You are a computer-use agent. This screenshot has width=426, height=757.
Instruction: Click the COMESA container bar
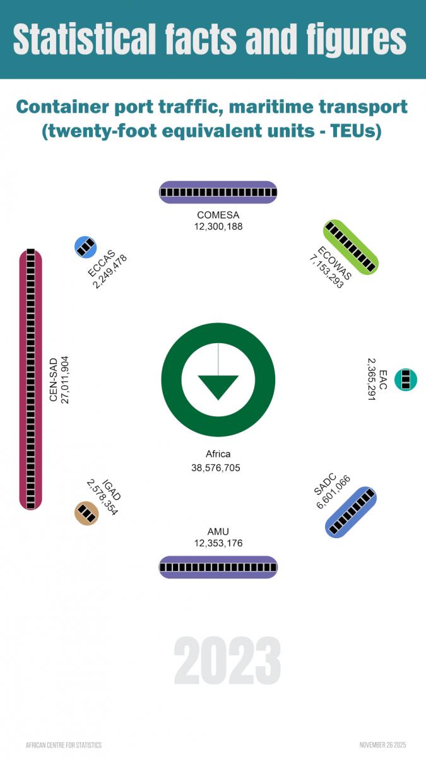click(x=218, y=192)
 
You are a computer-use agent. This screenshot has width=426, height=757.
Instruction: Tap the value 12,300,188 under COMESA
click(x=218, y=226)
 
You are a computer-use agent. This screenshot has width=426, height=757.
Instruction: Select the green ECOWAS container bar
click(x=350, y=247)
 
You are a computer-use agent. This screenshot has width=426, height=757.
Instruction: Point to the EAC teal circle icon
click(x=406, y=379)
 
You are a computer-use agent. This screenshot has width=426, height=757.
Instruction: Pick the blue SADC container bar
click(x=351, y=512)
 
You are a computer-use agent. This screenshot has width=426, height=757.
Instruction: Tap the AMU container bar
click(x=218, y=567)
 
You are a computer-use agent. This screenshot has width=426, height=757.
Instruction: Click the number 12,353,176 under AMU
click(x=218, y=543)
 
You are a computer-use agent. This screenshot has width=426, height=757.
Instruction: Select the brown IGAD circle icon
click(x=86, y=513)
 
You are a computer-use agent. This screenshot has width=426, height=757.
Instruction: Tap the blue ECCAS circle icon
click(x=86, y=247)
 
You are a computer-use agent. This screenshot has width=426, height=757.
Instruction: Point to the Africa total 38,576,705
click(x=216, y=468)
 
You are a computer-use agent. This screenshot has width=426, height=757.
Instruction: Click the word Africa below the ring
click(x=218, y=454)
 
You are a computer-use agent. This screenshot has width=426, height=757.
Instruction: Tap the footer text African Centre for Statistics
click(x=64, y=745)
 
